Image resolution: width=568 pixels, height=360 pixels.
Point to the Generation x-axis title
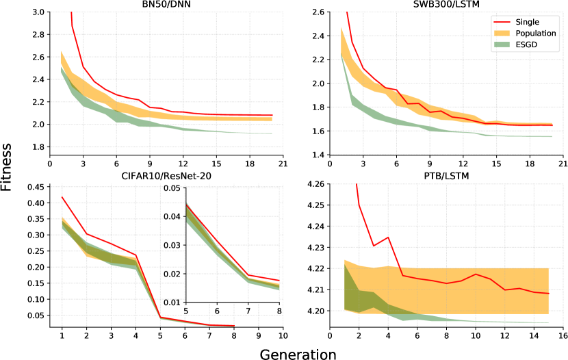pos(298,354)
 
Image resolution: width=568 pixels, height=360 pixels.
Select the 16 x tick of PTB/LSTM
pos(563,337)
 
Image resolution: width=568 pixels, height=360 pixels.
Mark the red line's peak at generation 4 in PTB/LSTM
pos(388,237)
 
